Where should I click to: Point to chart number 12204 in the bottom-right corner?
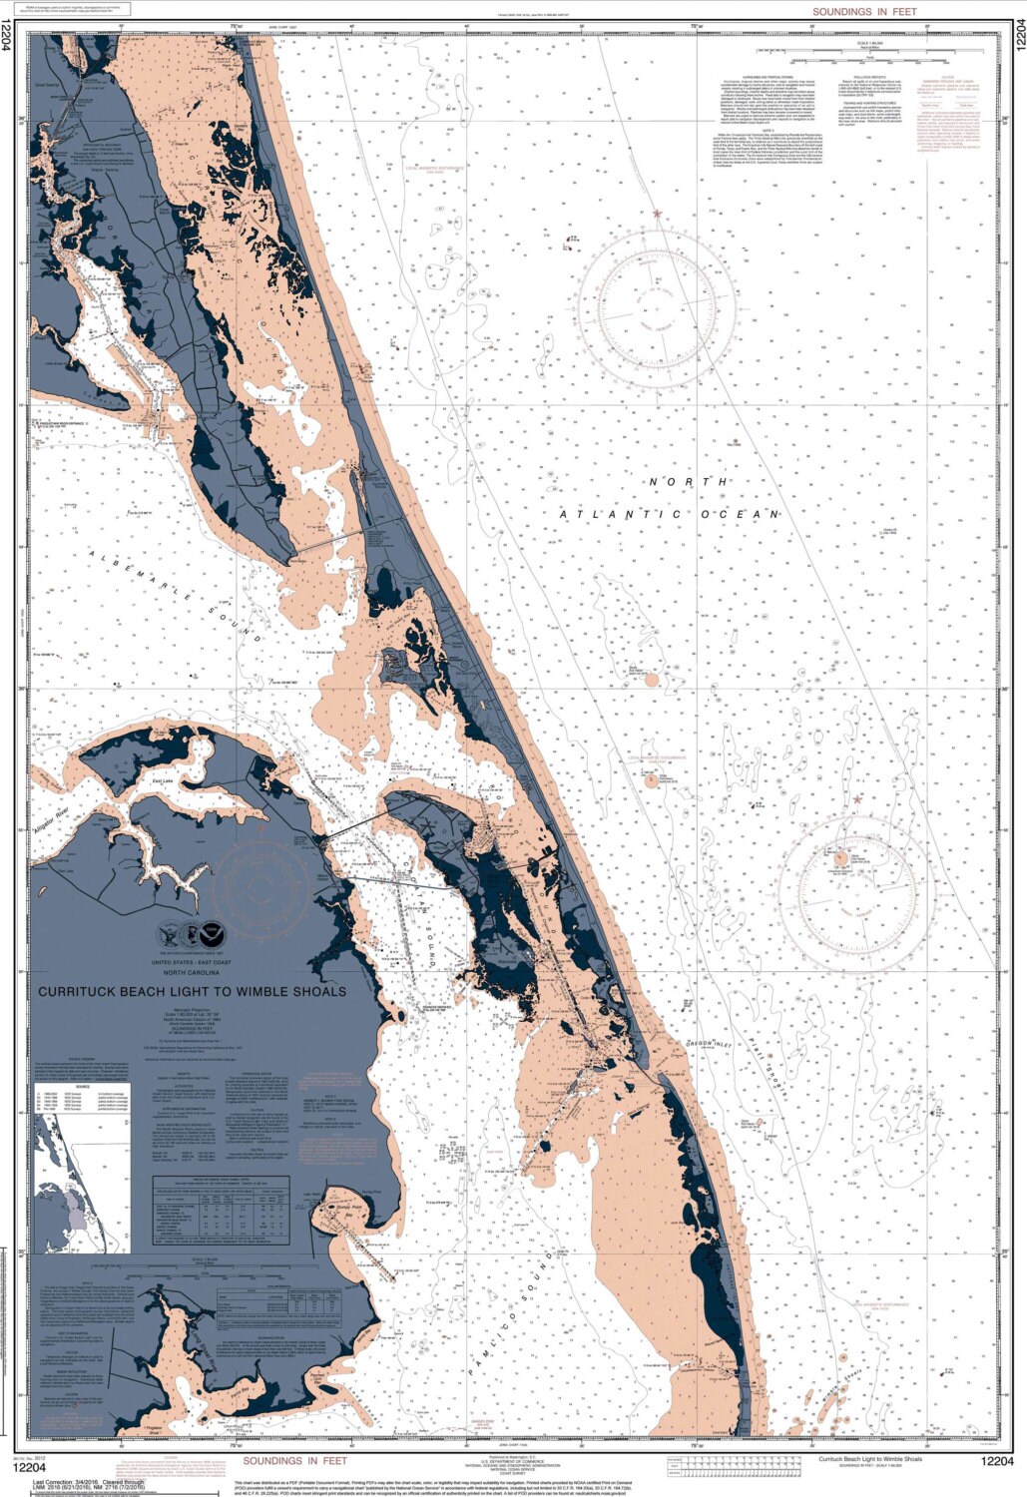(996, 1463)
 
